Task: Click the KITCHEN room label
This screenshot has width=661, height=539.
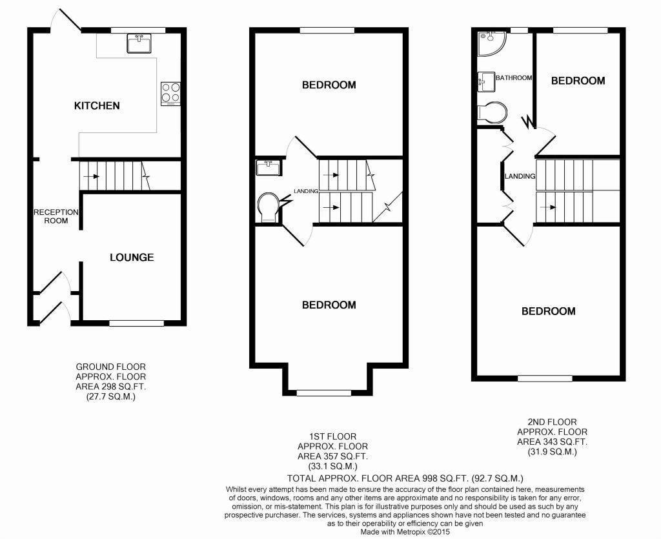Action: tap(97, 105)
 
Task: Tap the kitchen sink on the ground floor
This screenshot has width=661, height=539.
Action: tap(139, 44)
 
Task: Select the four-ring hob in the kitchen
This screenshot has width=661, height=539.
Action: tap(170, 94)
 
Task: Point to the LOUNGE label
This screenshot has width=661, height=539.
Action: tap(132, 257)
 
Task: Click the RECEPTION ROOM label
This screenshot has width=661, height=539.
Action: tap(56, 216)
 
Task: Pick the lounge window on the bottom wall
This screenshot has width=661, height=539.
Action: tap(137, 323)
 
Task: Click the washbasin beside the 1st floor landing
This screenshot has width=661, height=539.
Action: tap(269, 167)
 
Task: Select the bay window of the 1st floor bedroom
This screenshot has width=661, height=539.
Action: tap(324, 392)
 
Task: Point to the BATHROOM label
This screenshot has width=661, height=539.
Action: tap(514, 77)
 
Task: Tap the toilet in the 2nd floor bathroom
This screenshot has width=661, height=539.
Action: tap(492, 112)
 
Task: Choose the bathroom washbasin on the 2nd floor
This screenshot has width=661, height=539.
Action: tap(486, 82)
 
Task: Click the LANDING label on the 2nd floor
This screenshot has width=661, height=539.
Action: tap(520, 176)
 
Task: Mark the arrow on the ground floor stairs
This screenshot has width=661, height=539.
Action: tap(91, 176)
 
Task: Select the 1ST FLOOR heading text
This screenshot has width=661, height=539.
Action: tap(332, 436)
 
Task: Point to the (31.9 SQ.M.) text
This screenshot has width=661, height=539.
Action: tap(553, 452)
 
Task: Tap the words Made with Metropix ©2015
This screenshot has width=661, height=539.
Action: tap(405, 532)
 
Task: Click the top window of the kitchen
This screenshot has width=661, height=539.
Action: tap(138, 30)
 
